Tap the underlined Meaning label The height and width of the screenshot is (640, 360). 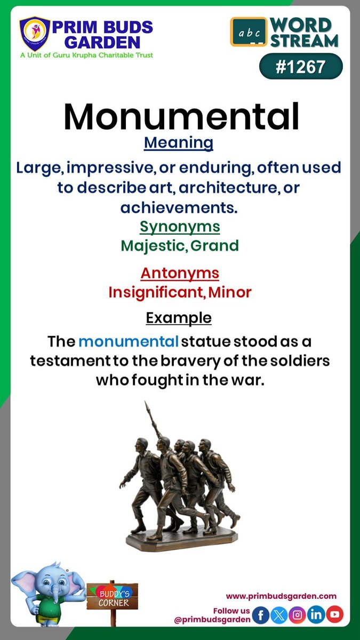(179, 143)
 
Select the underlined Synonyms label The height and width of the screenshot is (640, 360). (180, 227)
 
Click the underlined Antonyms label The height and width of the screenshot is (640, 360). (180, 273)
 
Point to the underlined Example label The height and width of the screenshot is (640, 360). (179, 318)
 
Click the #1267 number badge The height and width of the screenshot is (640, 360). (301, 67)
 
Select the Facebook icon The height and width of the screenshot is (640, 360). (261, 614)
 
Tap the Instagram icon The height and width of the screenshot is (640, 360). (298, 614)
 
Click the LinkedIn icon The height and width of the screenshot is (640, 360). (316, 614)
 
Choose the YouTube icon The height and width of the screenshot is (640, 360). (335, 614)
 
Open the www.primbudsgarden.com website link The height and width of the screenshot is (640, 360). (281, 596)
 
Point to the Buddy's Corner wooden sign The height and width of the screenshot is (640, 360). (113, 596)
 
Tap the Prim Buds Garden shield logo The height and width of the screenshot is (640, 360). (35, 35)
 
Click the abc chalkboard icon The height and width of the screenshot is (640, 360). (249, 31)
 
